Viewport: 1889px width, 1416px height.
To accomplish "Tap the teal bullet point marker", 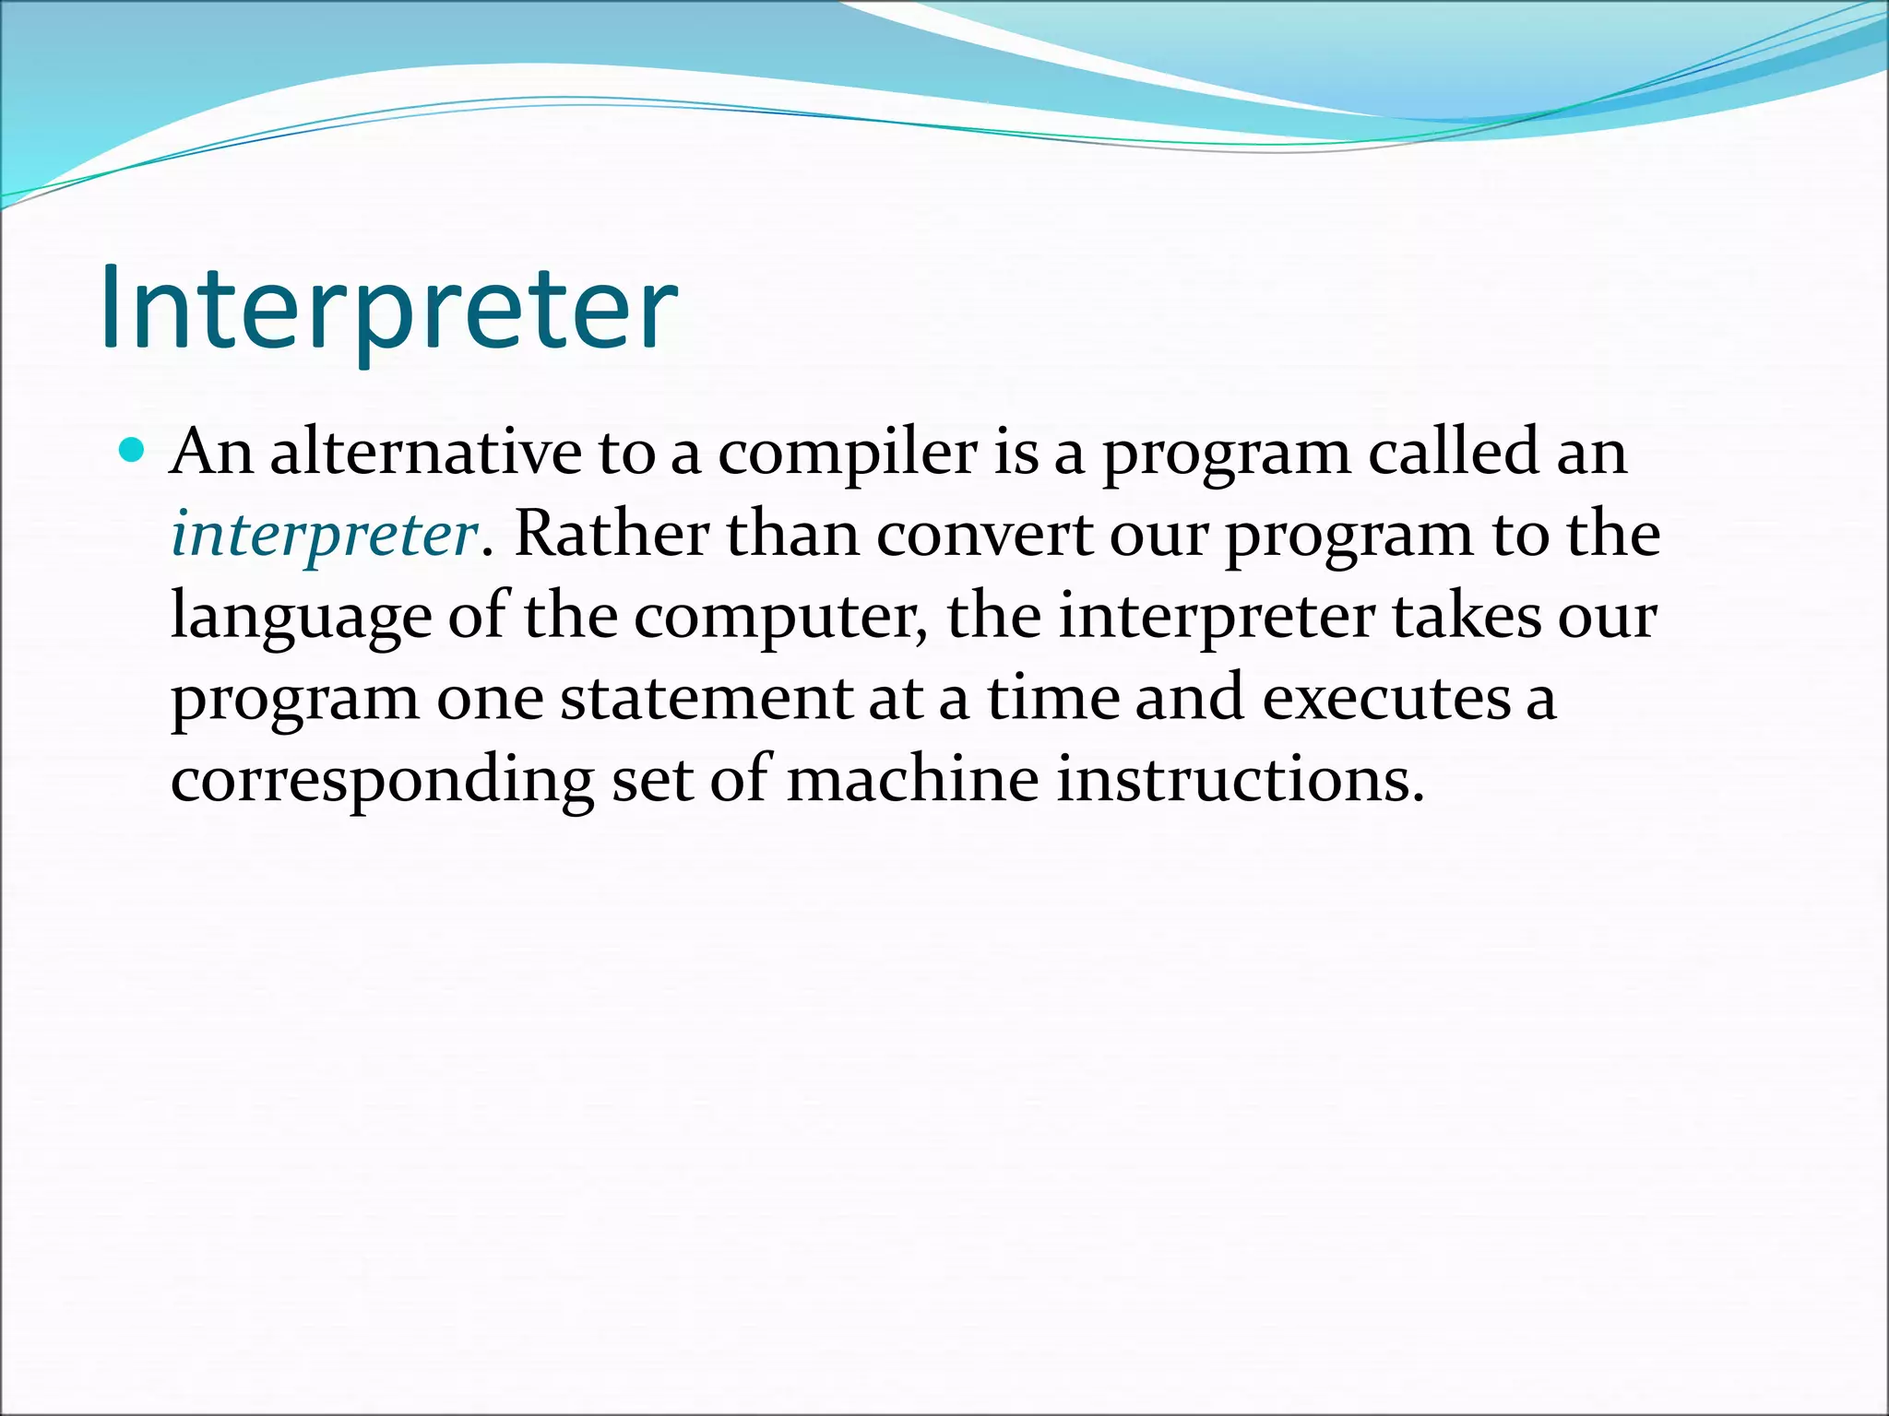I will pos(133,451).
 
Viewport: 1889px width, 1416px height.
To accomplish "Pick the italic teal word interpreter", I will pos(324,535).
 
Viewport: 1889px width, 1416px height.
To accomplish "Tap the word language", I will pos(301,617).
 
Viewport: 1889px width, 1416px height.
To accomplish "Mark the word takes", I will pos(1467,616).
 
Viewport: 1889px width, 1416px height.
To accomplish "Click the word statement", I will pos(706,698).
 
